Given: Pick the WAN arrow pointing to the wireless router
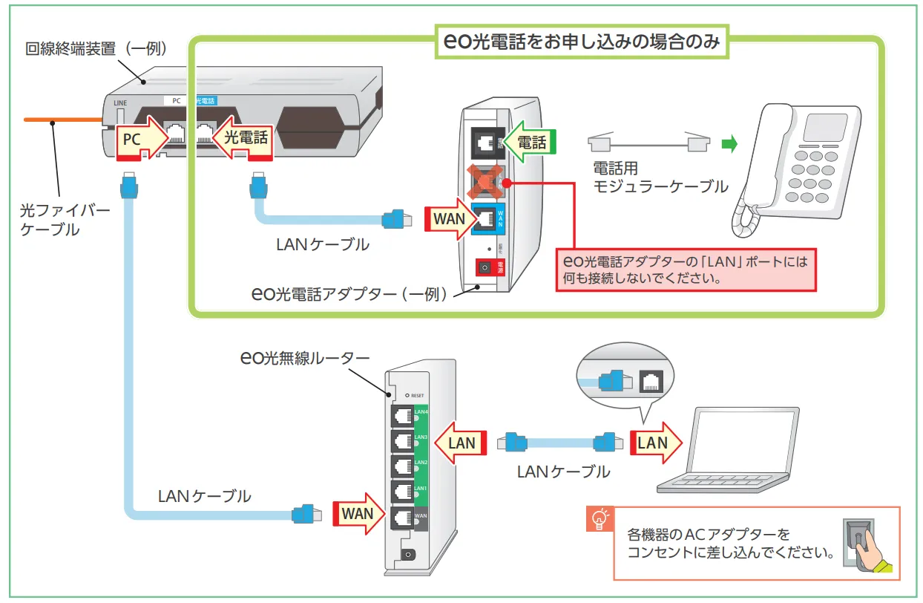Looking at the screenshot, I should click(x=360, y=512).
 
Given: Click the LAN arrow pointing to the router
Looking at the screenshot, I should click(x=459, y=443).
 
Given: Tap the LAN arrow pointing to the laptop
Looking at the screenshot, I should click(x=655, y=443).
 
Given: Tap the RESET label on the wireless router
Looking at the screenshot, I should click(x=416, y=396).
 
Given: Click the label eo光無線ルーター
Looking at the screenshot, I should click(x=305, y=358).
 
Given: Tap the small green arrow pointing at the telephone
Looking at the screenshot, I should click(x=730, y=144).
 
